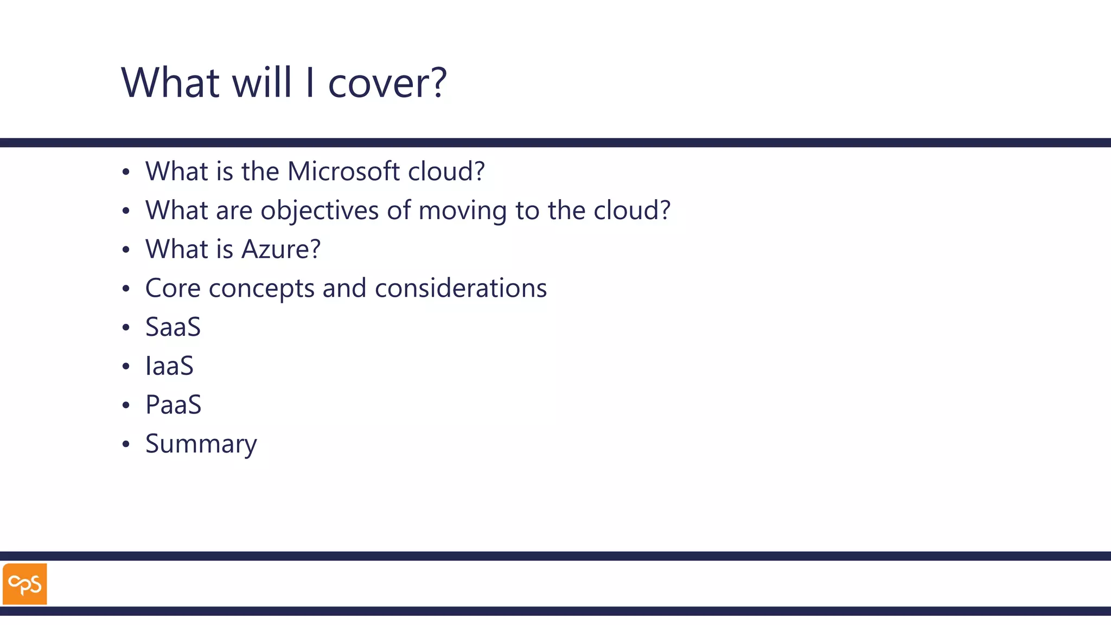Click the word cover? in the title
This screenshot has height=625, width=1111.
click(x=387, y=83)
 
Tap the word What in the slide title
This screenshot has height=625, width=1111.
click(x=170, y=83)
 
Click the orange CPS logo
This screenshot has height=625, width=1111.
click(x=25, y=584)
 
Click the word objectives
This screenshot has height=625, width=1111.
click(x=320, y=211)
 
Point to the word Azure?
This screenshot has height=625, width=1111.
click(x=281, y=250)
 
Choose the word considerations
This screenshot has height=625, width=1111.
click(x=461, y=288)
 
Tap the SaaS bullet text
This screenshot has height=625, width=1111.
click(x=173, y=327)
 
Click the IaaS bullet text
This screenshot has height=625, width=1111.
click(x=169, y=366)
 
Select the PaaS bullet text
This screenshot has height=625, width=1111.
click(x=174, y=405)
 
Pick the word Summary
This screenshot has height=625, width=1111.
click(x=201, y=444)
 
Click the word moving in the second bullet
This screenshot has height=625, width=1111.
click(x=463, y=211)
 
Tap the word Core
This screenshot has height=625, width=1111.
click(x=173, y=288)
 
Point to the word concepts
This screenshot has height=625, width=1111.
click(x=261, y=288)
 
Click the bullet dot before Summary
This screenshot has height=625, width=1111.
click(x=126, y=444)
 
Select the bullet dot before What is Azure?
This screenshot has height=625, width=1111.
click(x=126, y=250)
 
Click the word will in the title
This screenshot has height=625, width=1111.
click(x=262, y=83)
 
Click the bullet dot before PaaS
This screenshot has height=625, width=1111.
click(x=126, y=405)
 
